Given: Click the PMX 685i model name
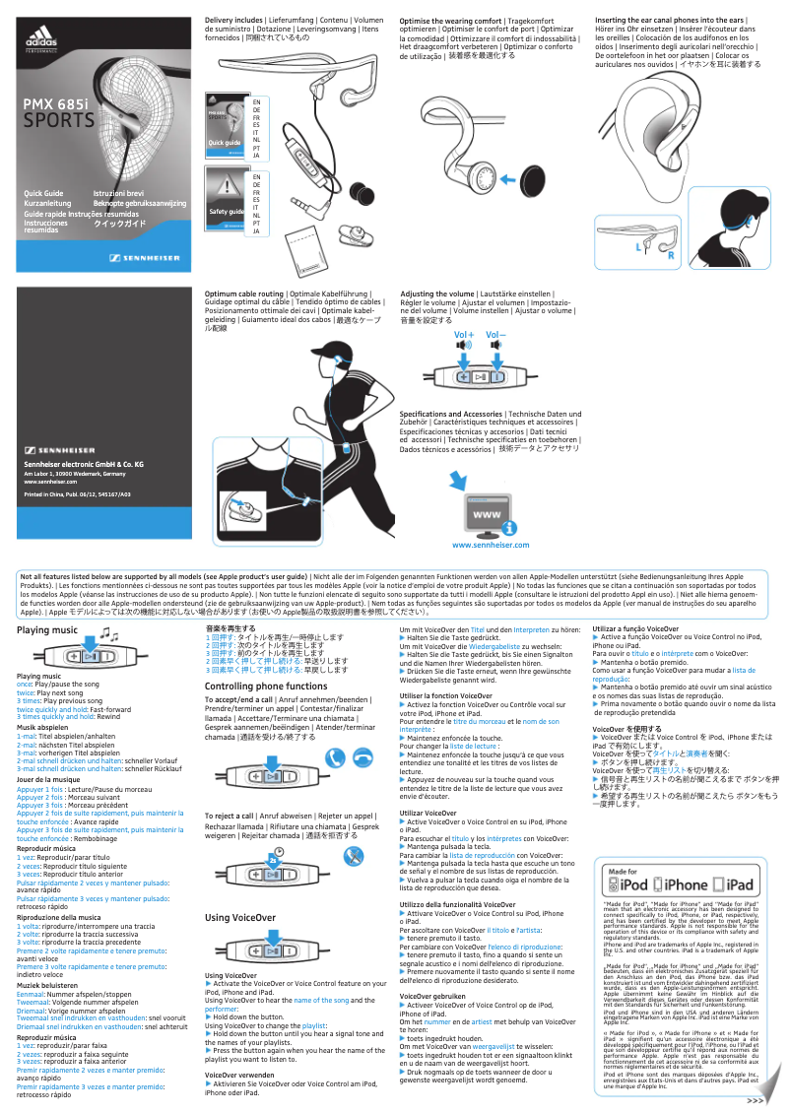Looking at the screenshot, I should pos(55,104).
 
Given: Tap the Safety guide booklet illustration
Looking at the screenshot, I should pos(224,201).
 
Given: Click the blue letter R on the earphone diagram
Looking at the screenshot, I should pos(671,256).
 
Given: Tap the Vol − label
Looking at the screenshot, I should pos(495,336).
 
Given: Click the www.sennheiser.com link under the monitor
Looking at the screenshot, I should pos(490,545).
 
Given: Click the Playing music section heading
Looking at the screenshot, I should pos(47,629).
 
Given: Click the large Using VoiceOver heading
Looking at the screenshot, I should pos(239,918).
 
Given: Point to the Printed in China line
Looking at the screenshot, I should pos(77,494).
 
